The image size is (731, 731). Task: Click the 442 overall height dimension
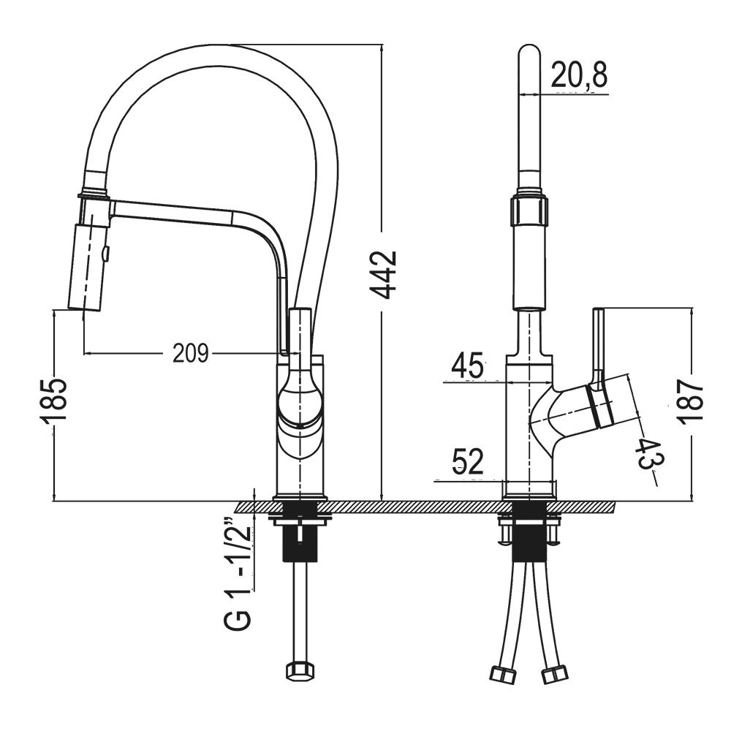pos(383,275)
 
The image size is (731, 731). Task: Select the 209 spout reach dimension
pos(190,353)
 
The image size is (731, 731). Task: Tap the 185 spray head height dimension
pos(53,401)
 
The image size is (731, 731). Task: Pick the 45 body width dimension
pos(467,365)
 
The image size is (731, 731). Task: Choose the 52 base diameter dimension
pos(468,462)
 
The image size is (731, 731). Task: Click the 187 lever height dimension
pos(691,401)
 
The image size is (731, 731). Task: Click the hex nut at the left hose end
pos(299,670)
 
